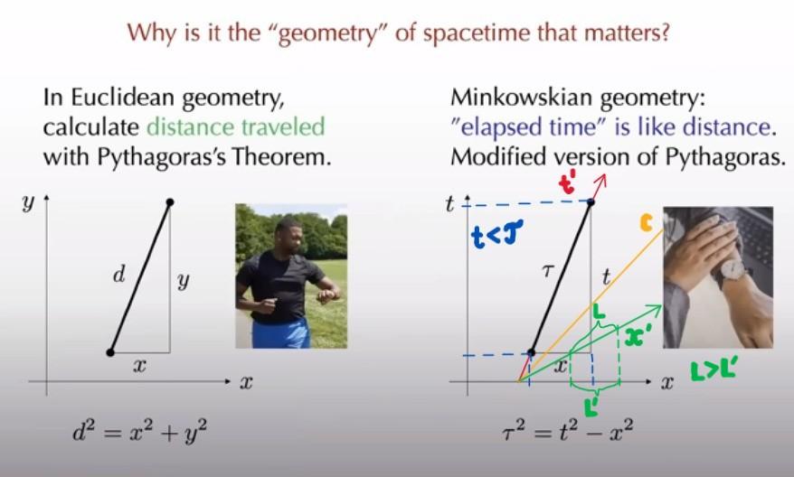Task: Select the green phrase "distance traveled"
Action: pyautogui.click(x=235, y=126)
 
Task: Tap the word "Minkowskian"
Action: pyautogui.click(x=522, y=97)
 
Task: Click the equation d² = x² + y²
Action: pyautogui.click(x=140, y=433)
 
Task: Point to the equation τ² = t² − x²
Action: pyautogui.click(x=567, y=433)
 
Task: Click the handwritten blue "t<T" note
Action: pyautogui.click(x=496, y=235)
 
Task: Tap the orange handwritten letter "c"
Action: pyautogui.click(x=646, y=222)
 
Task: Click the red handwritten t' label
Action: pyautogui.click(x=567, y=184)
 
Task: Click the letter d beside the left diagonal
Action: pyautogui.click(x=119, y=276)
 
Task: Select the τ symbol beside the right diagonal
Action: pyautogui.click(x=547, y=272)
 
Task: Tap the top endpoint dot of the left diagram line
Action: pyautogui.click(x=170, y=202)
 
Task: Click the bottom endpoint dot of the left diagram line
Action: pyautogui.click(x=110, y=352)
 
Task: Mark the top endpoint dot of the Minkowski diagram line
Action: pyautogui.click(x=591, y=202)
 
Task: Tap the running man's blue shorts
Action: pyautogui.click(x=280, y=332)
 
